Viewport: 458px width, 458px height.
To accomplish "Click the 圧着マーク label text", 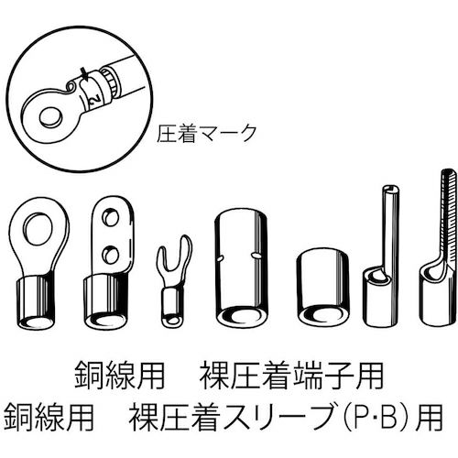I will [207, 131].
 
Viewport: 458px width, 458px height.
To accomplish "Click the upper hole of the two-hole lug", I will [111, 219].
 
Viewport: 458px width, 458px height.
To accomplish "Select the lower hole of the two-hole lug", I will [111, 249].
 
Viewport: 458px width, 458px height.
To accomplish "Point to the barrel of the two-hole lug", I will [110, 295].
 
